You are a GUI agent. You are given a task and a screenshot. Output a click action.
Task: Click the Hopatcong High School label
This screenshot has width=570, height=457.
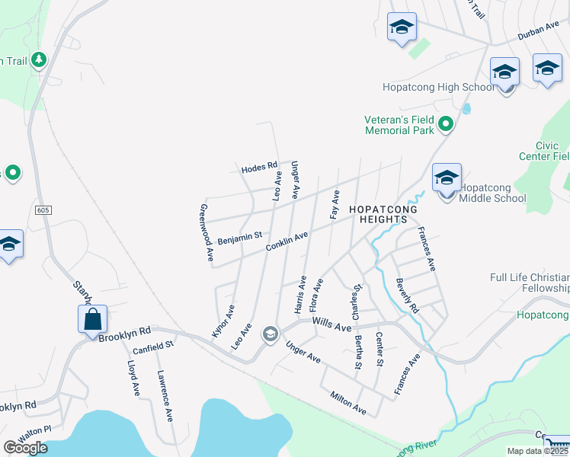pyautogui.click(x=438, y=88)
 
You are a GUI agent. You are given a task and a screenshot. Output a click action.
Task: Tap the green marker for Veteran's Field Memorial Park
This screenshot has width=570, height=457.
pyautogui.click(x=447, y=124)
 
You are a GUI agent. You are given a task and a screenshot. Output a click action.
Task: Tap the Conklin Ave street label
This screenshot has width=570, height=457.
pyautogui.click(x=287, y=242)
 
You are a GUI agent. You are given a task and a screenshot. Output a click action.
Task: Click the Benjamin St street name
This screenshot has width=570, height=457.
pyautogui.click(x=239, y=238)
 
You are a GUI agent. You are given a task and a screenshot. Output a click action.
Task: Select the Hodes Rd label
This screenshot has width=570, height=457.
pyautogui.click(x=259, y=168)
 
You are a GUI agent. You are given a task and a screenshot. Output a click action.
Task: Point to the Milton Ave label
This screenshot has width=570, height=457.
pyautogui.click(x=348, y=404)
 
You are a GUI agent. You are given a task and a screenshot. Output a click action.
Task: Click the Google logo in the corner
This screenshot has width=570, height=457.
pyautogui.click(x=25, y=448)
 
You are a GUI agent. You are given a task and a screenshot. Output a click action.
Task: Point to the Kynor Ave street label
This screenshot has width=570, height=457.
pyautogui.click(x=223, y=320)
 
